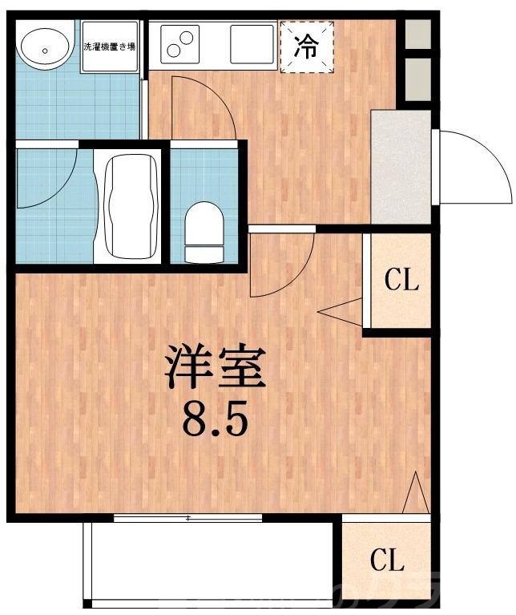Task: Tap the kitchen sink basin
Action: pyautogui.click(x=252, y=43)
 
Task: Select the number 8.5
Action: pyautogui.click(x=213, y=418)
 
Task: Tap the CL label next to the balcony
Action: pyautogui.click(x=387, y=559)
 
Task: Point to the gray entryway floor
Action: pyautogui.click(x=401, y=166)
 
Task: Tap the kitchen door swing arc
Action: pyautogui.click(x=204, y=112)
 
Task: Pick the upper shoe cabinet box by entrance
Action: pyautogui.click(x=417, y=33)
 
